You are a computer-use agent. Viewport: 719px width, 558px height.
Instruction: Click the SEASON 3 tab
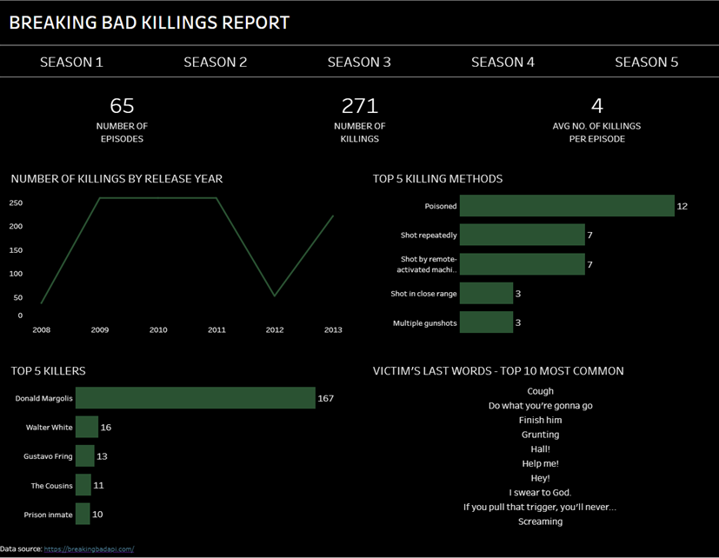pyautogui.click(x=359, y=63)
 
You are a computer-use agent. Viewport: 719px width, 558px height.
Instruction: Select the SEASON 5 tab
pyautogui.click(x=646, y=63)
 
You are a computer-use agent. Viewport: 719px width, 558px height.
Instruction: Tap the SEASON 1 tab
pyautogui.click(x=71, y=63)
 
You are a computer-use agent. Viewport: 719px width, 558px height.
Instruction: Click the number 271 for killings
pyautogui.click(x=359, y=106)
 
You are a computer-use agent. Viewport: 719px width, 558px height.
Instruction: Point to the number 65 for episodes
pyautogui.click(x=122, y=106)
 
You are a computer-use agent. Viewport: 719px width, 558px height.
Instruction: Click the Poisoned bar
pyautogui.click(x=567, y=206)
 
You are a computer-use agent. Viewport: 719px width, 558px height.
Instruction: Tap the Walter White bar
pyautogui.click(x=87, y=427)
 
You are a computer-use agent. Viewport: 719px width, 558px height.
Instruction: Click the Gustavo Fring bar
pyautogui.click(x=85, y=456)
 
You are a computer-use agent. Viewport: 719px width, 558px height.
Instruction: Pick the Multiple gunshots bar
pyautogui.click(x=486, y=322)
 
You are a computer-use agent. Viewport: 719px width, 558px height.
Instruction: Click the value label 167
pyautogui.click(x=326, y=398)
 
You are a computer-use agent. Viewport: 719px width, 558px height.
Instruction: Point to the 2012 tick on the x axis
pyautogui.click(x=275, y=330)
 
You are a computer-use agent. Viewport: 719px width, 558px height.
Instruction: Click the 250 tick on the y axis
pyautogui.click(x=16, y=203)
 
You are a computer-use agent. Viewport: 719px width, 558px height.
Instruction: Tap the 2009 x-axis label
pyautogui.click(x=100, y=330)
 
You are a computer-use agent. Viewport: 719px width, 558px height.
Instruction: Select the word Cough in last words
pyautogui.click(x=540, y=391)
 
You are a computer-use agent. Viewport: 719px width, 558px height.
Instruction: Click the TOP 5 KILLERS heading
pyautogui.click(x=49, y=371)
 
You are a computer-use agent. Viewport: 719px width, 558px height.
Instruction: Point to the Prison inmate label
pyautogui.click(x=48, y=515)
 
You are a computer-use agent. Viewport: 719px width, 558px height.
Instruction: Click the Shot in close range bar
pyautogui.click(x=486, y=294)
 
